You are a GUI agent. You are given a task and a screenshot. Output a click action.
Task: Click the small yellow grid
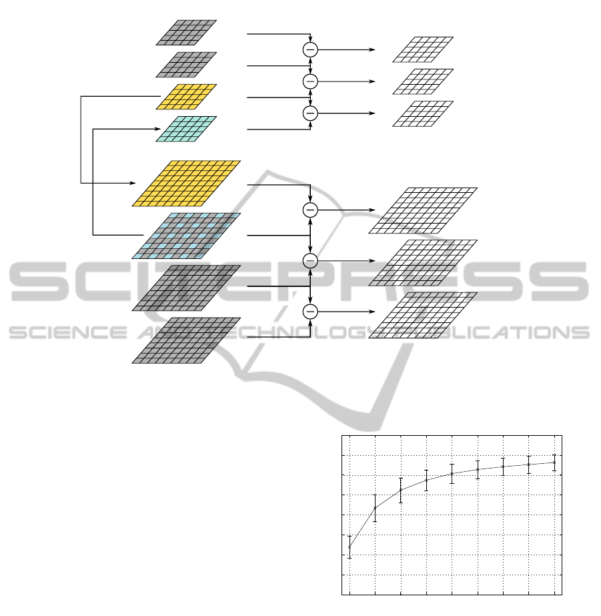point(186,96)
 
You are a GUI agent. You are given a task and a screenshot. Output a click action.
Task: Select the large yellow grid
point(186,184)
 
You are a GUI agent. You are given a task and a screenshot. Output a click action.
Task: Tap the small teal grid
point(186,129)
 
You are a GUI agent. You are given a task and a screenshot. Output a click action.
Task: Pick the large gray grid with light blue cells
point(186,236)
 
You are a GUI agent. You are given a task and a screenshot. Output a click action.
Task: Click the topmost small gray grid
point(186,32)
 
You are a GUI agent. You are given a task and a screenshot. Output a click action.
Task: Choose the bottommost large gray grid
point(186,340)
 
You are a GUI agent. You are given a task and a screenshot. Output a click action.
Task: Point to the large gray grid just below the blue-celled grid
point(186,288)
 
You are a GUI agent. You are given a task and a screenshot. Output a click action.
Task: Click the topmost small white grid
point(423,49)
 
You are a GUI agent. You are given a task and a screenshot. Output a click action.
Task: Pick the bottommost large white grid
point(423,315)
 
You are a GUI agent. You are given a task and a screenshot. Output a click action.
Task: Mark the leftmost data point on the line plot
point(350,547)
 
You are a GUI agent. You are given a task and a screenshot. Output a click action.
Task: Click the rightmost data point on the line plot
point(554,462)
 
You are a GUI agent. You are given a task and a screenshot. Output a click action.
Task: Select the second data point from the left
point(375,508)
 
